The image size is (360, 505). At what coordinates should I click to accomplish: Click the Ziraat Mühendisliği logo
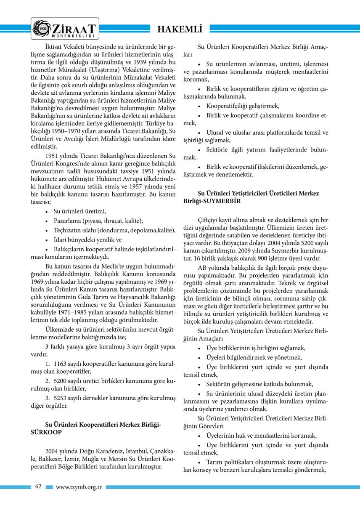coord(65,28)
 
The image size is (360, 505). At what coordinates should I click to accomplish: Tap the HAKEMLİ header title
coord(180,29)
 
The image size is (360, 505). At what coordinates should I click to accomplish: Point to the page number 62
coord(38,486)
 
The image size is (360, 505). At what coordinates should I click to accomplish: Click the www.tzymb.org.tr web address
coord(79,487)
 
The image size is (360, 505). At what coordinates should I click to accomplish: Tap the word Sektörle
coord(217,150)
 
